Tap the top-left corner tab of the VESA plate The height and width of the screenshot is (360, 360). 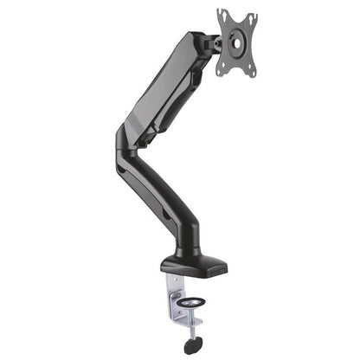click(222, 12)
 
